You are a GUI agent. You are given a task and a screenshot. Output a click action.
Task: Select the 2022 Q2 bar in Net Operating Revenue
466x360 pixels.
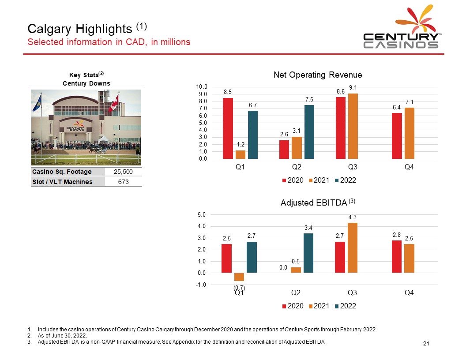[309, 132]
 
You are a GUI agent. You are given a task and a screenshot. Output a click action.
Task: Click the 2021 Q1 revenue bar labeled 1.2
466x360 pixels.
[240, 154]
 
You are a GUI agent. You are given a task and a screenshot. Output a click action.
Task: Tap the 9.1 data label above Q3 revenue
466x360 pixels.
[353, 88]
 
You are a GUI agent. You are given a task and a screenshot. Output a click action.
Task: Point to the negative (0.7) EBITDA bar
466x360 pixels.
[239, 277]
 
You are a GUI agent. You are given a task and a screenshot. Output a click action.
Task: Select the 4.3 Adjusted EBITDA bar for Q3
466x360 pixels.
[352, 247]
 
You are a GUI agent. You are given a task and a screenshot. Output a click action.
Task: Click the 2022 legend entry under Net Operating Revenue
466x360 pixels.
[345, 180]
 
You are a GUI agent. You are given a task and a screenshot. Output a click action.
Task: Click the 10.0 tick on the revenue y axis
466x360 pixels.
[203, 87]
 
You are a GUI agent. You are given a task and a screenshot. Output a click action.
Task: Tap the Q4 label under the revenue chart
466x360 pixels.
[409, 167]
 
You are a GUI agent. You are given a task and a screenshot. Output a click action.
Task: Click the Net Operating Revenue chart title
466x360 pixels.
[318, 75]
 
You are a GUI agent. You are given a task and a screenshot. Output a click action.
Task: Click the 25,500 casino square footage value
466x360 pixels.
[124, 172]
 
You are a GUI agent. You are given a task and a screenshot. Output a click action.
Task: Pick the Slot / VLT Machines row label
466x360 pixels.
[62, 181]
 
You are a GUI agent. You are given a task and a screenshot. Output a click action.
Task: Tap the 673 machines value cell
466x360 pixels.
[124, 181]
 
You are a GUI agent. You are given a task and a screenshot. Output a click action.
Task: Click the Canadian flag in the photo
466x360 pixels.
[114, 104]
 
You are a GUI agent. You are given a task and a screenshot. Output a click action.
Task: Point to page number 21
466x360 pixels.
[426, 344]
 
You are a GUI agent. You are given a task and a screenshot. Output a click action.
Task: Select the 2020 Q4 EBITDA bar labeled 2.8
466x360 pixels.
[396, 256]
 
